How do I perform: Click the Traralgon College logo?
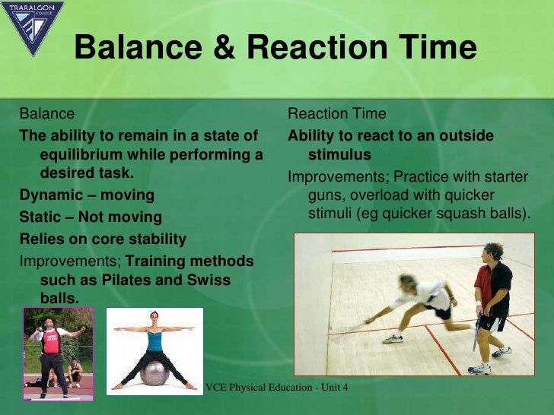(x=32, y=27)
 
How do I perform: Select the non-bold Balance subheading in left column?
(x=46, y=114)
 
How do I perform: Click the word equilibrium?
(x=79, y=155)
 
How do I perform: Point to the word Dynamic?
(x=50, y=195)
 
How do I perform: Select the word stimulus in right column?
(x=339, y=155)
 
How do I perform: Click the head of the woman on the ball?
(x=155, y=318)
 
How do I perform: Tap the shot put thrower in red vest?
(x=52, y=351)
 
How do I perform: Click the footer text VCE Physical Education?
(x=277, y=388)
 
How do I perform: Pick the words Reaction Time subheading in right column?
(x=336, y=114)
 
